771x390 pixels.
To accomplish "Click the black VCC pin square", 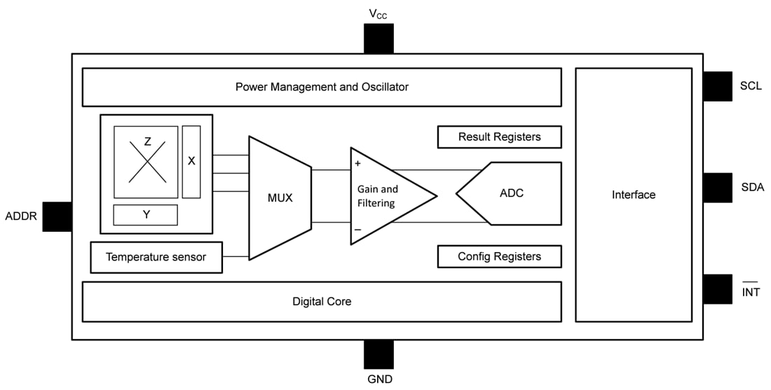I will (378, 39).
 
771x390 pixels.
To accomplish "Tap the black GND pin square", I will (378, 354).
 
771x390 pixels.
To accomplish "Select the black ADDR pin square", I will (57, 216).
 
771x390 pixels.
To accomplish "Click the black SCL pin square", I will (717, 86).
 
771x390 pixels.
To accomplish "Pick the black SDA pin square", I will (717, 188).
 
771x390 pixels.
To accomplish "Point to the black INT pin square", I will (717, 288).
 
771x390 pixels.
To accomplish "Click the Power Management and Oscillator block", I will (322, 87).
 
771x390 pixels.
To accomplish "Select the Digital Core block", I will (322, 302).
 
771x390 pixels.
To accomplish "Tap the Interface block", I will (633, 195).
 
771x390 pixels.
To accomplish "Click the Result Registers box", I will (499, 137).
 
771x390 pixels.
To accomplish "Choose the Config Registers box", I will (499, 256).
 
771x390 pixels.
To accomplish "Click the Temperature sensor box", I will (156, 257).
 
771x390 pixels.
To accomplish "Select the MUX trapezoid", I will (280, 197).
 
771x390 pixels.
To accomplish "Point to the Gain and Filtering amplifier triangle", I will (382, 196).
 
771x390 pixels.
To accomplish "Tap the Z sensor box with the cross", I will (146, 162).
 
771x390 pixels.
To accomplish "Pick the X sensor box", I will (191, 161).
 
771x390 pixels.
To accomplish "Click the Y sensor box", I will (146, 215).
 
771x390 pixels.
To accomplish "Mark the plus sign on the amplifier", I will (357, 164).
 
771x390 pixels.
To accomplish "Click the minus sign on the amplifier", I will (357, 229).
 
